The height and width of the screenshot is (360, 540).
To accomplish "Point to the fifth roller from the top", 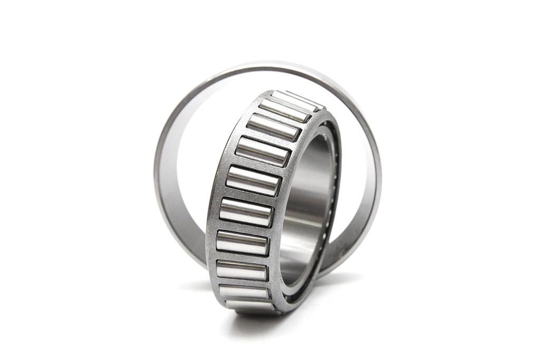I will (253, 181).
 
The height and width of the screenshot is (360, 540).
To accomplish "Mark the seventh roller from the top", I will (243, 242).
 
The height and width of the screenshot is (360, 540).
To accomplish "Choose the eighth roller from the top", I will (242, 270).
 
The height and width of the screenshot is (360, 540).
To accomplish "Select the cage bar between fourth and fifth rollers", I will (258, 167).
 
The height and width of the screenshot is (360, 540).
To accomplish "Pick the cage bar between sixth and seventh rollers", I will (245, 227).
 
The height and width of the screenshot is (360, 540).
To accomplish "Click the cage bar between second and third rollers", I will (279, 119).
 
